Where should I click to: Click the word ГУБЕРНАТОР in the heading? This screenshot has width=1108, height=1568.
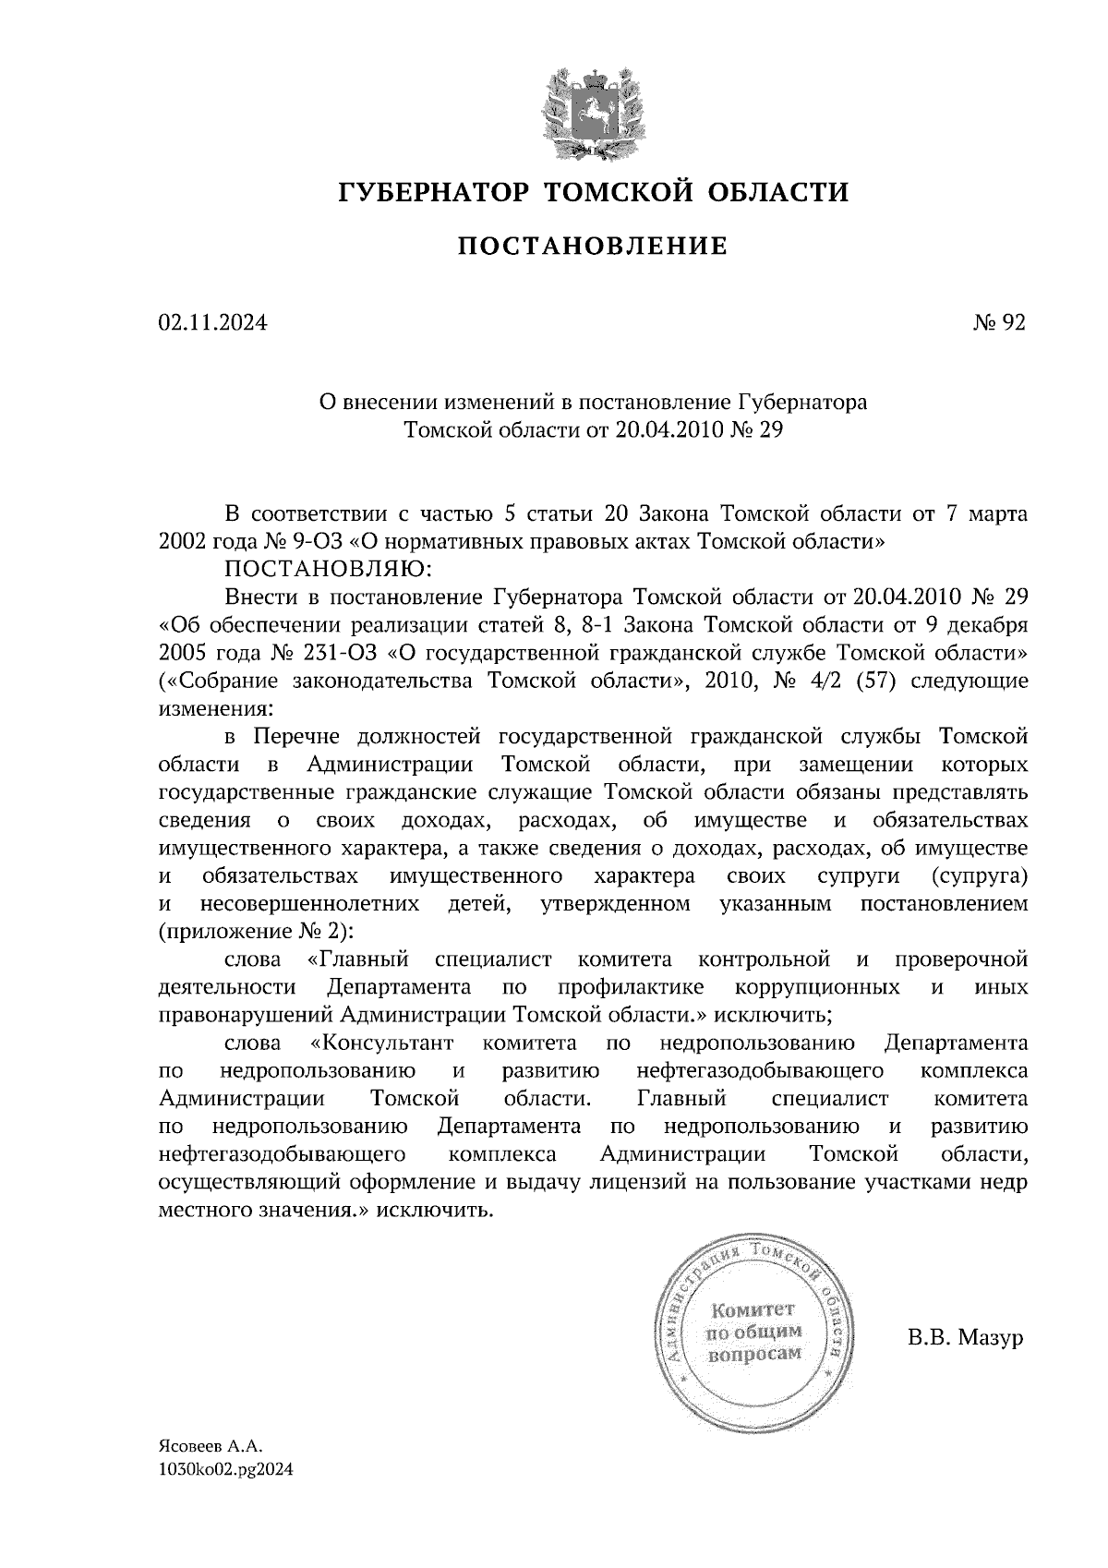432,192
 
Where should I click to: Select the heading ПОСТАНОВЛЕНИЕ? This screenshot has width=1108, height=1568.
593,247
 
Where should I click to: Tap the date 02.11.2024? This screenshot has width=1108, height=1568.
213,323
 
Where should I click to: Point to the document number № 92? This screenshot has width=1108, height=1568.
999,323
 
